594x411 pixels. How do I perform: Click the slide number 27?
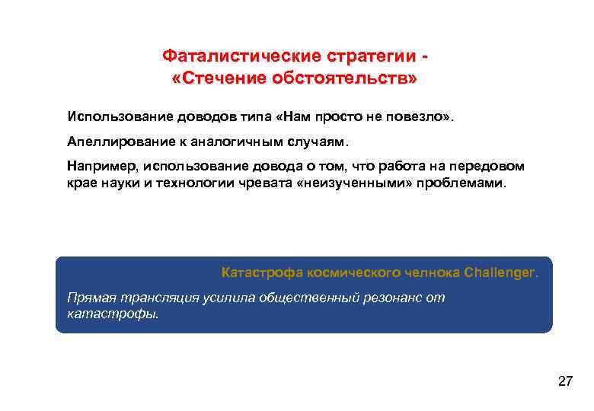click(x=565, y=381)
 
